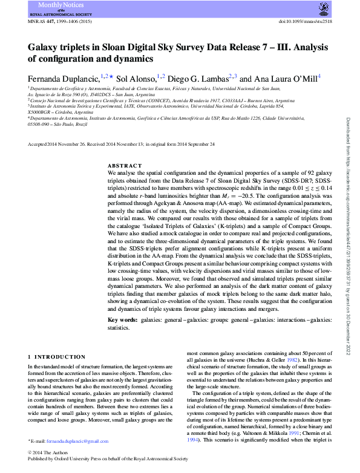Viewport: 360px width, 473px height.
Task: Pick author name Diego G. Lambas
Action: click(x=197, y=78)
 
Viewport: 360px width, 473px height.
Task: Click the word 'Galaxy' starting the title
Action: click(x=44, y=47)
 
